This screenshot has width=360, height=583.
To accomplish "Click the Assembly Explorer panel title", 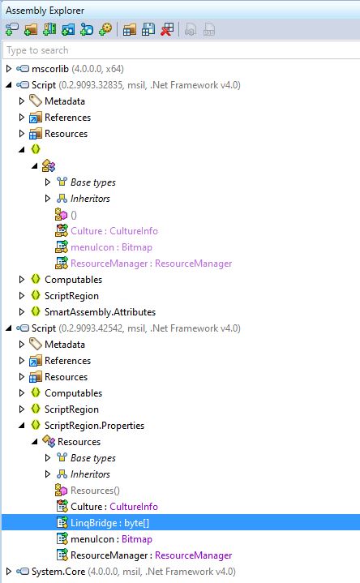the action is tap(45, 11).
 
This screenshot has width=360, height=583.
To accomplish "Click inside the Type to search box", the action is tap(182, 50).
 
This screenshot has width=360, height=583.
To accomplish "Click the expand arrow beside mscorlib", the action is tap(9, 69).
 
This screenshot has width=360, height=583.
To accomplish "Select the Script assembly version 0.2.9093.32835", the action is tap(135, 85).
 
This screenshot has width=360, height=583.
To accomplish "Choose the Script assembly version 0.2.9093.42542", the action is tap(135, 328).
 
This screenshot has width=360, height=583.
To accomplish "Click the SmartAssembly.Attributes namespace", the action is tap(100, 312).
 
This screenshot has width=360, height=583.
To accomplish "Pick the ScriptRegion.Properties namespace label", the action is tap(95, 426).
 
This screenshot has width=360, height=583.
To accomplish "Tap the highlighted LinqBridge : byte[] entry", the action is tap(109, 523).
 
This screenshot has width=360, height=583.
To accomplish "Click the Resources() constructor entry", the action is tap(95, 491).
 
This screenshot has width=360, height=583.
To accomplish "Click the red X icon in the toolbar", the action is tap(167, 29).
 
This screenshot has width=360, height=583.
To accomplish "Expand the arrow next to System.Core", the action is tap(9, 572).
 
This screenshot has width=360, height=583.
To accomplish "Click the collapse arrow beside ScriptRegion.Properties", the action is tap(22, 426).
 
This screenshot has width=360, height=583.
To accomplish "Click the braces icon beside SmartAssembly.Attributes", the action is tap(36, 311).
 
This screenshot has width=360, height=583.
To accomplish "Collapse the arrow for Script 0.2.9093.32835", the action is tap(9, 85).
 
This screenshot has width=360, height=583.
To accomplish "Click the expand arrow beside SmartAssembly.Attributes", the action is tap(22, 312).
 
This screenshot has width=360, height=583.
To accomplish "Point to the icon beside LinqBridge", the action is tap(62, 522).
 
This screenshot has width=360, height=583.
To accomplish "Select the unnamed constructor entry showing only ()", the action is tap(74, 215).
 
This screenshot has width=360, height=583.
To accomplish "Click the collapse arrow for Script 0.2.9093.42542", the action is tap(9, 328).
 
